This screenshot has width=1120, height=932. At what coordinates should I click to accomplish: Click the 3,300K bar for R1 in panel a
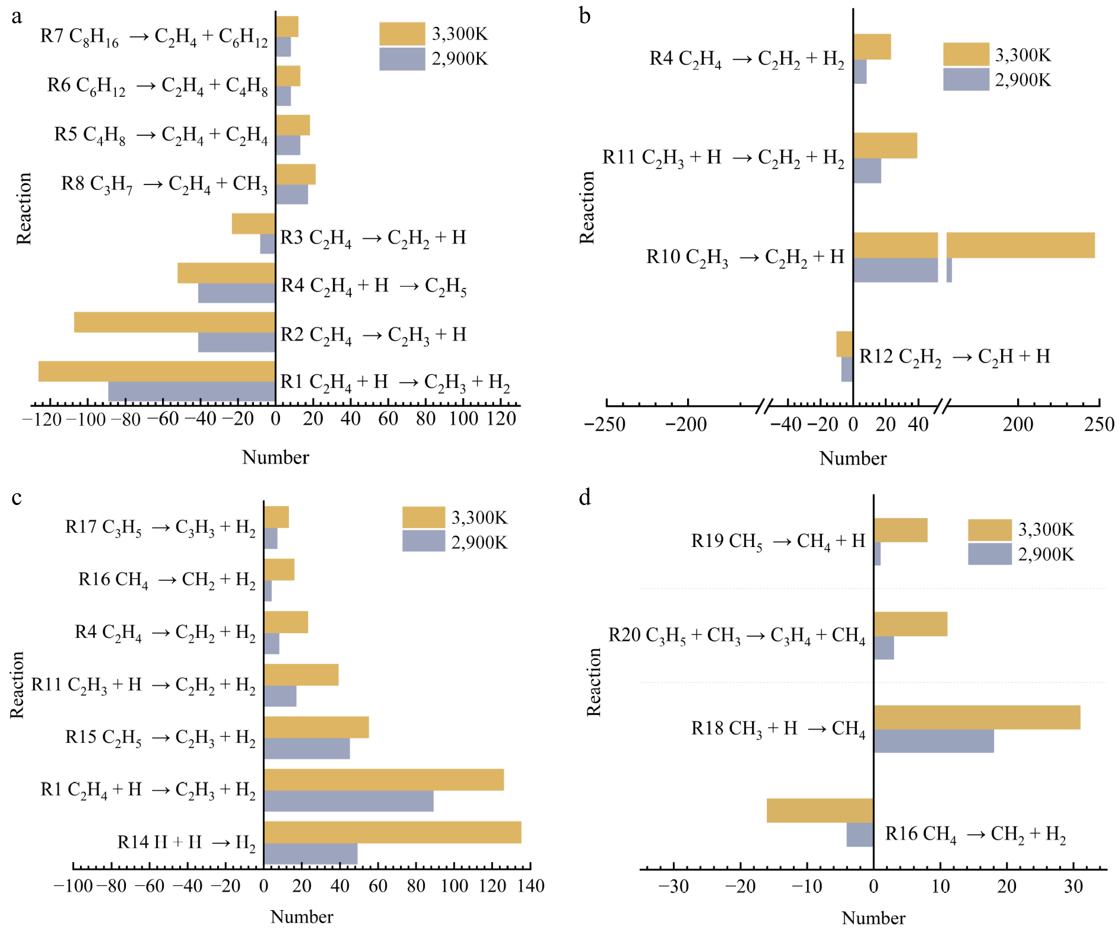pyautogui.click(x=157, y=371)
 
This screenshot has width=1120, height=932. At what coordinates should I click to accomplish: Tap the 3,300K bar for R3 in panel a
pyautogui.click(x=253, y=223)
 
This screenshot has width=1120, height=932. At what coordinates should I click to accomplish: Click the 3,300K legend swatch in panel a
pyautogui.click(x=402, y=33)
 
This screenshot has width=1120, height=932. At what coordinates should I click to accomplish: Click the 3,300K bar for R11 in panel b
pyautogui.click(x=885, y=145)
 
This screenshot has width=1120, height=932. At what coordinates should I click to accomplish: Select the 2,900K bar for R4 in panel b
pyautogui.click(x=860, y=71)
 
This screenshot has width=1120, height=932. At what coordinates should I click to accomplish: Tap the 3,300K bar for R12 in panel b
pyautogui.click(x=844, y=344)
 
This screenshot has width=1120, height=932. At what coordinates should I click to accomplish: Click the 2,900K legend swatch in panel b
pyautogui.click(x=966, y=79)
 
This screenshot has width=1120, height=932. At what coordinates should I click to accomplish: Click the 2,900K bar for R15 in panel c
pyautogui.click(x=307, y=749)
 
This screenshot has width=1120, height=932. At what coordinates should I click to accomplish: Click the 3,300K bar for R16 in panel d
pyautogui.click(x=820, y=811)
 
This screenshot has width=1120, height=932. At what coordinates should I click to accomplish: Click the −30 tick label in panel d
pyautogui.click(x=673, y=887)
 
